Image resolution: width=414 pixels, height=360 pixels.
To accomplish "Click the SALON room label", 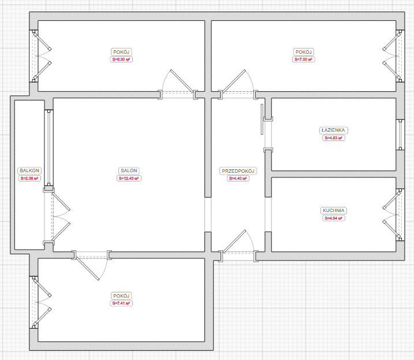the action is tap(129, 170).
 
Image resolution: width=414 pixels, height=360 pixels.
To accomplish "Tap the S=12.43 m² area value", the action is tap(129, 179).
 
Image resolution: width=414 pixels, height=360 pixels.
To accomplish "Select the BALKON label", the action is tap(29, 170).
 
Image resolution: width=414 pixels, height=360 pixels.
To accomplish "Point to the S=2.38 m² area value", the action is tap(29, 179).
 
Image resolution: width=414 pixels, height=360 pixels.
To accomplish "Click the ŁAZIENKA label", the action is tap(334, 131).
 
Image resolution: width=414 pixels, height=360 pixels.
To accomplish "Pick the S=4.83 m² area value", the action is tap(334, 138).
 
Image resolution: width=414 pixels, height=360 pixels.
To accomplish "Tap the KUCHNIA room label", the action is tap(334, 210).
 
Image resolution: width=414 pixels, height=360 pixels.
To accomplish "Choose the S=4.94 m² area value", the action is tap(334, 218).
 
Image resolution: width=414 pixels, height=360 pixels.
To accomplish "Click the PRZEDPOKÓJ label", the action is tap(238, 171).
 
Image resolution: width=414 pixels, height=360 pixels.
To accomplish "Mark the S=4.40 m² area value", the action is tap(238, 179).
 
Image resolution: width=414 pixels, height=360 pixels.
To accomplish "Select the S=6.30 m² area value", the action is tap(121, 60).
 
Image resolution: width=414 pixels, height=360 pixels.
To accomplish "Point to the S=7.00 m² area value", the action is tap(303, 60).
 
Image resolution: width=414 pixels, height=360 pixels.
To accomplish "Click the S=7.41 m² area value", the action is tap(121, 303).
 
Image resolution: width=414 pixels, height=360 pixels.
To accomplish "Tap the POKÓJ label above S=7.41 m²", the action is tap(121, 296).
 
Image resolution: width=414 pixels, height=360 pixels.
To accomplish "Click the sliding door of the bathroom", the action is tap(262, 119).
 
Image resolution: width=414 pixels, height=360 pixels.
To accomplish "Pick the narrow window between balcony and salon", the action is tap(49, 149).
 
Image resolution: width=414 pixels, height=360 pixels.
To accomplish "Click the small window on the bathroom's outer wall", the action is tap(400, 135).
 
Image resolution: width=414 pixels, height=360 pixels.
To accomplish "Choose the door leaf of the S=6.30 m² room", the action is tap(182, 81).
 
